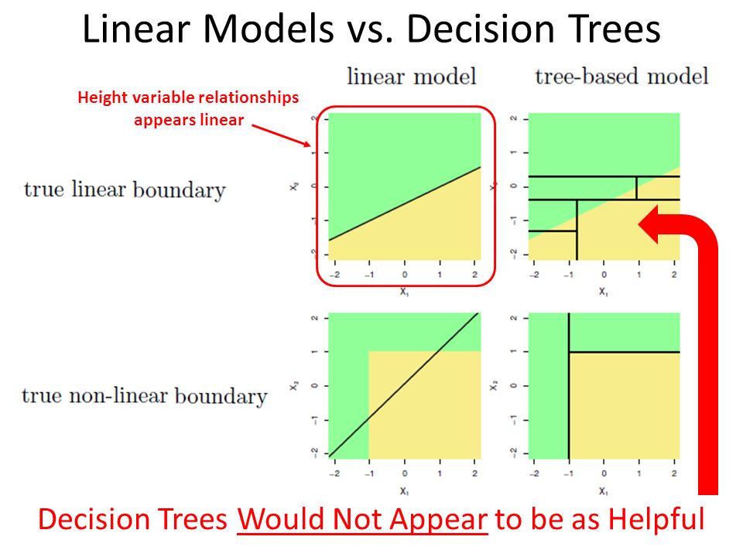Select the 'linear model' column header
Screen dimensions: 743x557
pos(411,77)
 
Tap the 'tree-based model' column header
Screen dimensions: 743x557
pos(621,77)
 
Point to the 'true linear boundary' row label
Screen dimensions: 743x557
pos(125,190)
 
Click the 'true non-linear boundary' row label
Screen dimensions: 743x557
pos(145,396)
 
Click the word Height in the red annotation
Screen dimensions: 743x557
pos(102,97)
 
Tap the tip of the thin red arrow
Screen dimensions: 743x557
pos(311,146)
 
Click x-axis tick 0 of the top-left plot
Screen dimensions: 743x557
pos(405,275)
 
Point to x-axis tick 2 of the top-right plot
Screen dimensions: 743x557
pos(674,275)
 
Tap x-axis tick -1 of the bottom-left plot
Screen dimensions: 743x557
pos(368,473)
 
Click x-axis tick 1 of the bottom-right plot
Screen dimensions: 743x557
pos(639,473)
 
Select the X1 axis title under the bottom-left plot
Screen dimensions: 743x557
pos(404,491)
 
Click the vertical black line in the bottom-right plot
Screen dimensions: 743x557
pos(569,386)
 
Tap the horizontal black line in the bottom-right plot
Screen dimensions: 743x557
pos(625,352)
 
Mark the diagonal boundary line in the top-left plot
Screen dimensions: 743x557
pos(405,203)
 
